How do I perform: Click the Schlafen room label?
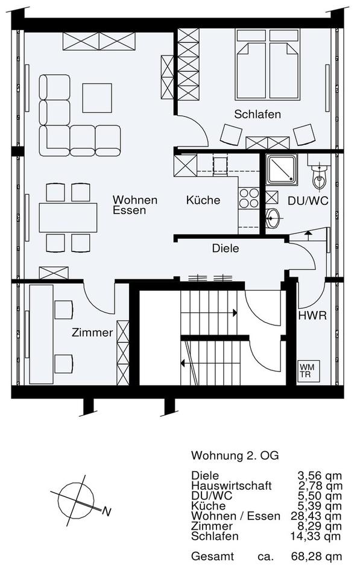257,115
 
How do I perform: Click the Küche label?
203,200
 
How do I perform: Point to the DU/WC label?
308,201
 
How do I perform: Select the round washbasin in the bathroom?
273,218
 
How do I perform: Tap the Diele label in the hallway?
226,248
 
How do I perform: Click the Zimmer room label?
92,332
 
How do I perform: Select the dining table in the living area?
68,218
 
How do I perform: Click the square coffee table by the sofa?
97,97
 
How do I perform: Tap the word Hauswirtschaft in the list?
231,485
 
